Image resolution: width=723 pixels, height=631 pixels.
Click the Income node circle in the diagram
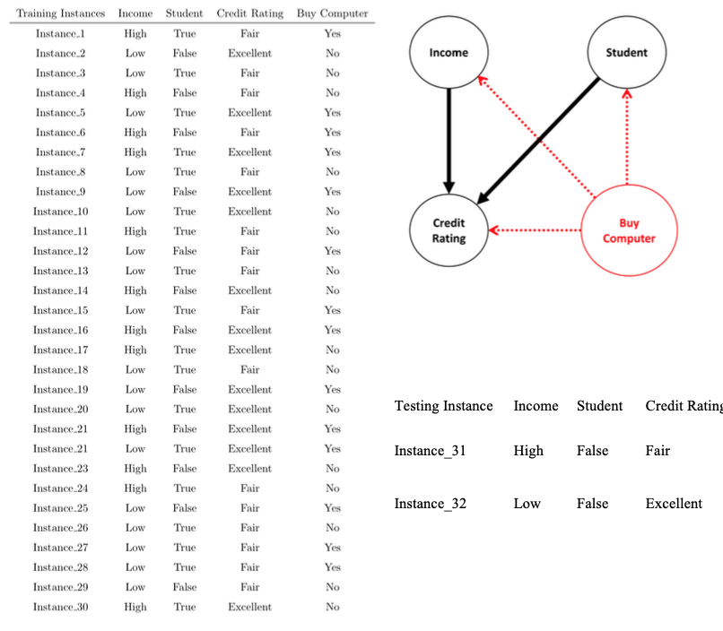coord(448,52)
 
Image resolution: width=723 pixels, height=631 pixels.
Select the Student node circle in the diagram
coord(625,52)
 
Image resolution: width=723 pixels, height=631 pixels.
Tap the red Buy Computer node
coord(628,230)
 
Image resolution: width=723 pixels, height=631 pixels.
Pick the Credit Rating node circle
coord(449,230)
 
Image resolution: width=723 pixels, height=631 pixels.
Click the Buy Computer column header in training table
coord(332,13)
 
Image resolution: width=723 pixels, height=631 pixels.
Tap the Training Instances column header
coord(61,13)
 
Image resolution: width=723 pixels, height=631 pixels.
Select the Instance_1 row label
coord(60,33)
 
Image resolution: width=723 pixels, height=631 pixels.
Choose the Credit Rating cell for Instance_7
coord(249,152)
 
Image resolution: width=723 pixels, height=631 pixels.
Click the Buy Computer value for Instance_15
coord(332,310)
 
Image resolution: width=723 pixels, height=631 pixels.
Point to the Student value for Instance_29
coord(184,587)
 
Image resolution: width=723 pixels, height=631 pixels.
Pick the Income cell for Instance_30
coord(135,607)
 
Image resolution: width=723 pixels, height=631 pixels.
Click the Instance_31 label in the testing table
coord(430,451)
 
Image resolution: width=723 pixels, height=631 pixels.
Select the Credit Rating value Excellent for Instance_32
coord(674,504)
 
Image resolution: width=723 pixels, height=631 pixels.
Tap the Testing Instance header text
coord(443,406)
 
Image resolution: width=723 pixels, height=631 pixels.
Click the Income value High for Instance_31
coord(528,451)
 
